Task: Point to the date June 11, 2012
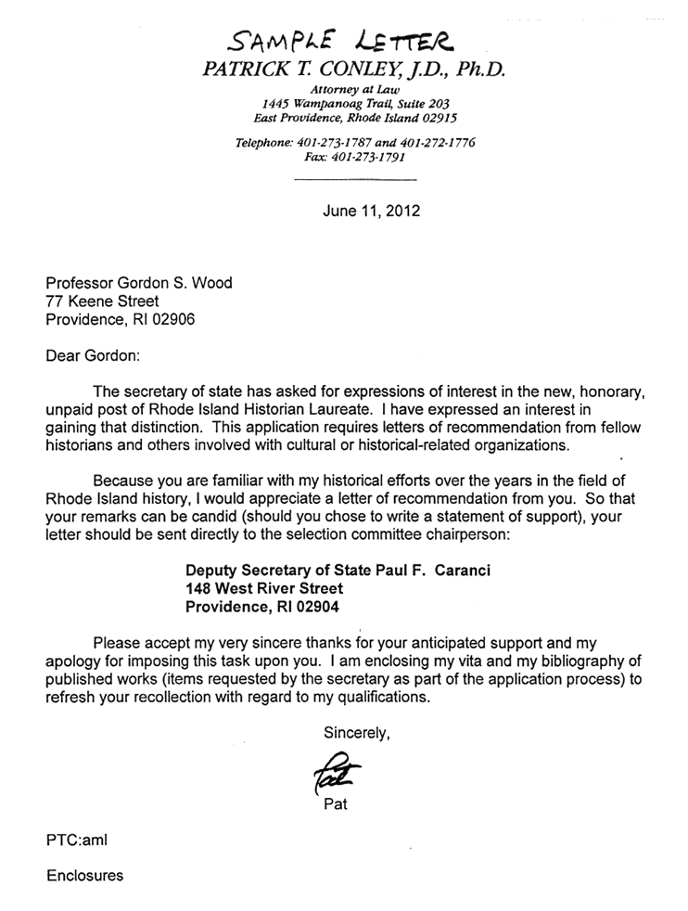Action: [x=371, y=211]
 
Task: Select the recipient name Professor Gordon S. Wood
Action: [x=139, y=283]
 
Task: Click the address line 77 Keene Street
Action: [x=102, y=302]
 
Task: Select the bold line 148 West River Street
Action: [x=264, y=588]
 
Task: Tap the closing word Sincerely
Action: [x=357, y=733]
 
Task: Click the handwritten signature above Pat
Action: [x=336, y=769]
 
